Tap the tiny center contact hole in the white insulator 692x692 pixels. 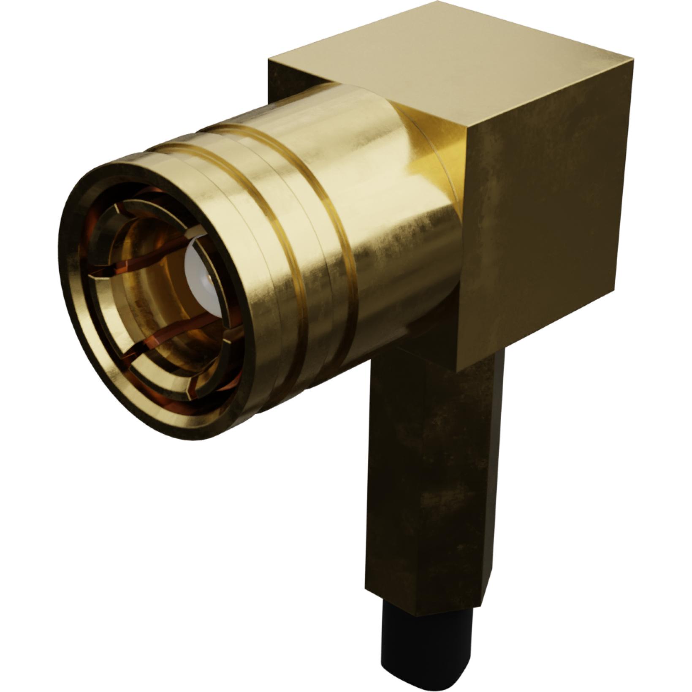[208, 278]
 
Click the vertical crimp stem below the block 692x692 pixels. [426, 486]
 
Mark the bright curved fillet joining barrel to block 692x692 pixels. [431, 156]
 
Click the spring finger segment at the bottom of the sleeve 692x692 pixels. [160, 380]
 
